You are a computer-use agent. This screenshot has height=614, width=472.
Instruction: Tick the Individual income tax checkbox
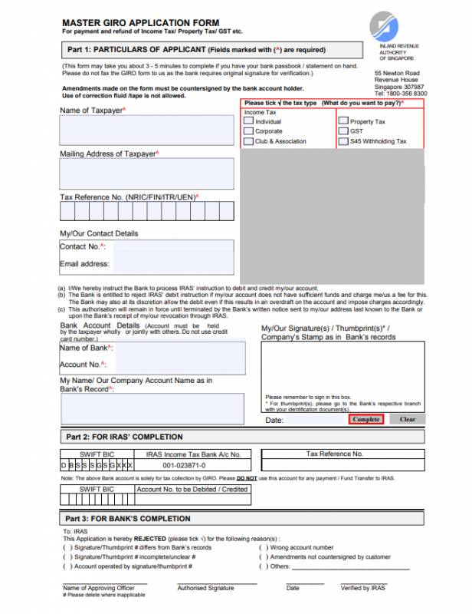point(248,121)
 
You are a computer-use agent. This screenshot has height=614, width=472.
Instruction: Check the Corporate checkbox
point(248,131)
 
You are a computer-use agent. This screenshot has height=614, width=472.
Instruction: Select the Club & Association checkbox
point(248,141)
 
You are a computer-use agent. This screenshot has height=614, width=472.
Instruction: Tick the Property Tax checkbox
point(343,121)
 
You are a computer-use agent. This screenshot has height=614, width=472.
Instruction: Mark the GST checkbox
point(343,131)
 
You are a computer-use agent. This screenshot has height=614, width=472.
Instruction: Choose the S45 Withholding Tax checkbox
point(343,141)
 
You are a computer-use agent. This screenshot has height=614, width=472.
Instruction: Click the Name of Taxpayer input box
point(147,130)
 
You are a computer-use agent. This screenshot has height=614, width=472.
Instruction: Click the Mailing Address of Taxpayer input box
point(147,174)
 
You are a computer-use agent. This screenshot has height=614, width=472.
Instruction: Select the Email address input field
point(172,265)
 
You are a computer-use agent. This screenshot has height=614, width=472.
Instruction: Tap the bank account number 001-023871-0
point(184,465)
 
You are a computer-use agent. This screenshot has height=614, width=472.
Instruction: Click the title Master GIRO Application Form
point(140,23)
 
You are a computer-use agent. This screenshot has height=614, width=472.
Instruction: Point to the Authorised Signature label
point(205,588)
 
